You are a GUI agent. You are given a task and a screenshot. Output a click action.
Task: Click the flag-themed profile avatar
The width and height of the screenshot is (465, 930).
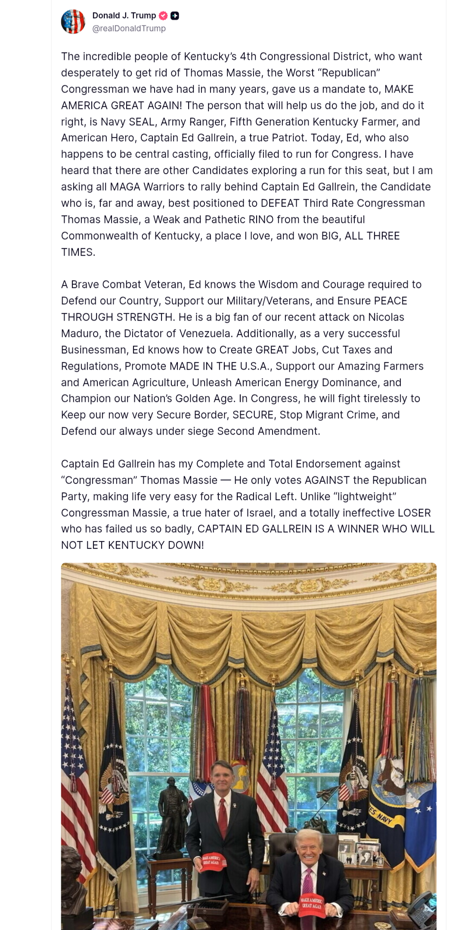[x=73, y=22]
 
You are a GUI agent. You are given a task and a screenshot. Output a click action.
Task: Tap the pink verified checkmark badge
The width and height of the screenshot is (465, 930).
[x=163, y=16]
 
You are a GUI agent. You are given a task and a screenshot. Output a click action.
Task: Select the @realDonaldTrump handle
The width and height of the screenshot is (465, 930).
[x=129, y=28]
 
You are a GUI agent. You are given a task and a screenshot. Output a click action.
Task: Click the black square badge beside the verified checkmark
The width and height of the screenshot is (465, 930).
[x=174, y=16]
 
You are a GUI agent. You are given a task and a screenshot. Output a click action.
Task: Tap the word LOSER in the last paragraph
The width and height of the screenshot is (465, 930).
[x=414, y=513]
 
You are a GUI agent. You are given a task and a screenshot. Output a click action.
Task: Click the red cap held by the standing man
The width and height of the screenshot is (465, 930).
[x=212, y=861]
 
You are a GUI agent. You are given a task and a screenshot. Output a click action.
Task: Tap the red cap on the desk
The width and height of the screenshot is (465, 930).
[x=312, y=905]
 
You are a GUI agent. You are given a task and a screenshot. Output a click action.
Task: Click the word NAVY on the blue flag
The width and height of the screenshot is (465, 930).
[x=385, y=818]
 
